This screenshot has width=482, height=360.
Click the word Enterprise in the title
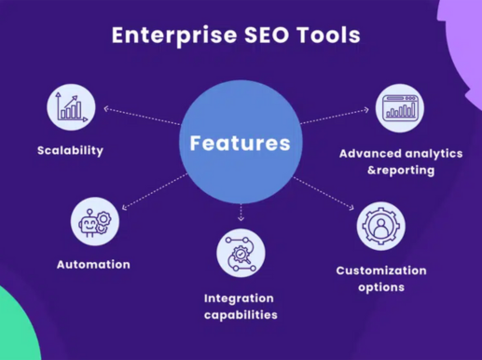[x=174, y=35]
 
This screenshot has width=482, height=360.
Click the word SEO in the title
[x=268, y=35]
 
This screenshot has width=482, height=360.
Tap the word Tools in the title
[x=329, y=35]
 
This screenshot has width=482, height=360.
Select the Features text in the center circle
[x=241, y=144]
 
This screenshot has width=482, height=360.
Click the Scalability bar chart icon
[x=71, y=107]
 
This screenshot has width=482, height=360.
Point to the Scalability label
[x=70, y=151]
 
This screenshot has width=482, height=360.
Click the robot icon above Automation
[x=95, y=222]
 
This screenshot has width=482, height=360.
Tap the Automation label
[x=93, y=265]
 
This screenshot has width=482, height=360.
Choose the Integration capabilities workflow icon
[x=241, y=253]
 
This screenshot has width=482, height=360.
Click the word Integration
[x=239, y=298]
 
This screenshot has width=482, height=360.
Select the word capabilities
[x=241, y=315]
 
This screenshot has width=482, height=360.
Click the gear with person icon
[x=381, y=226]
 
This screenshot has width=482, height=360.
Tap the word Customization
[x=381, y=270]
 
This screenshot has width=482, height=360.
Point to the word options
[x=381, y=287]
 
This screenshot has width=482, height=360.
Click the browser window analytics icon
[x=400, y=108]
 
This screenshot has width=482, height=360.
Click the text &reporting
[x=401, y=171]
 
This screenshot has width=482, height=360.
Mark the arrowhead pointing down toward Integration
[x=241, y=218]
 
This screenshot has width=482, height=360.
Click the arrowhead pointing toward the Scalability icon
[x=106, y=109]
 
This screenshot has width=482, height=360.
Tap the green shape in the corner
[x=17, y=326]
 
